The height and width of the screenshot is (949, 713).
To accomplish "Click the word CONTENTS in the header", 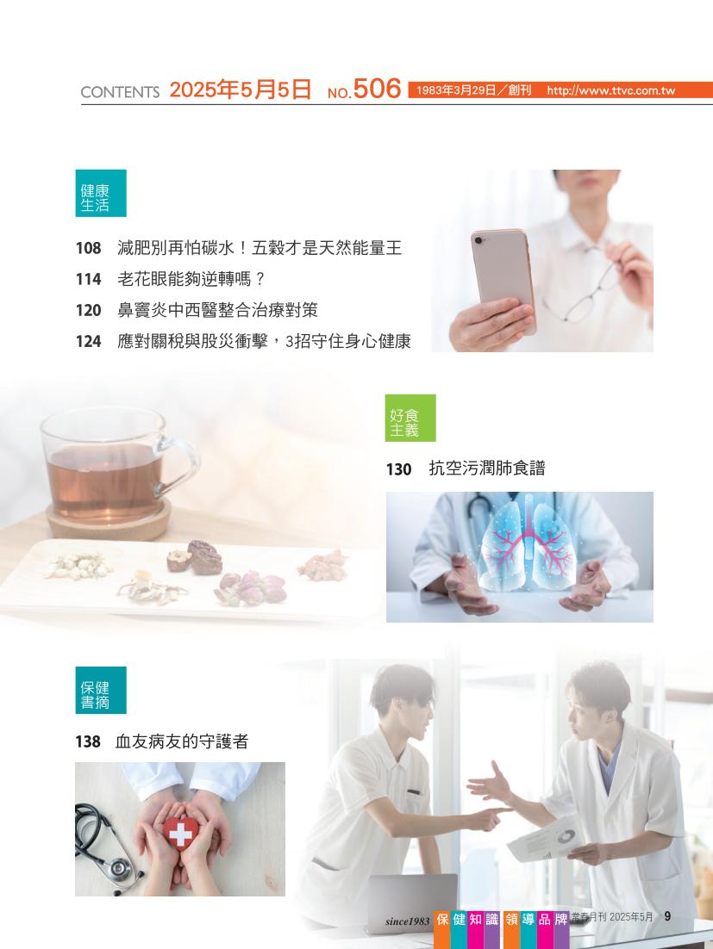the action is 120,92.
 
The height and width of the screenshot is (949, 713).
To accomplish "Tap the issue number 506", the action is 377,89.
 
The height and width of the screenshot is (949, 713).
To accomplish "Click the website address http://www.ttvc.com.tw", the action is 610,90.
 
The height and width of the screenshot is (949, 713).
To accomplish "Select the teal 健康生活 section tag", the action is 101,193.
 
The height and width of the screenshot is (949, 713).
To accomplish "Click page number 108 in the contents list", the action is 89,248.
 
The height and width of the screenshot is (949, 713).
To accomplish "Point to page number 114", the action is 89,279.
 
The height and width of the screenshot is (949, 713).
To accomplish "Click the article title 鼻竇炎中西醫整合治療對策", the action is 217,310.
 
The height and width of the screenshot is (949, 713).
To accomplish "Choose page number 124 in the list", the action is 89,341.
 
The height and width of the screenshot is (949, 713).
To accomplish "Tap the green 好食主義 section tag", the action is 410,418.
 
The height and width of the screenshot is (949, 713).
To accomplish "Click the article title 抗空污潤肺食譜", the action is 487,468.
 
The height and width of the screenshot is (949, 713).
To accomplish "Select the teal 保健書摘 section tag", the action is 101,690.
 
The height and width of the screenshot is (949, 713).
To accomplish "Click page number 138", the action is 88,741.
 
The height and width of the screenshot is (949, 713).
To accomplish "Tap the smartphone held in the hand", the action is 502,276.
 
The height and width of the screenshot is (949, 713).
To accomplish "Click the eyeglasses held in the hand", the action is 585,284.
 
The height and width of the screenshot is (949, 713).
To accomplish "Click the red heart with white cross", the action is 179,834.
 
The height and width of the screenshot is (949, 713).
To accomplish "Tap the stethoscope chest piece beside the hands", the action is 119,869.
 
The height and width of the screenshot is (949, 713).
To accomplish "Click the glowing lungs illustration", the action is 527,542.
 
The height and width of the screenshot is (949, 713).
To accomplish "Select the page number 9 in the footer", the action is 667,916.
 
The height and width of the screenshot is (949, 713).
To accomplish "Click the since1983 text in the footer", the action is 407,921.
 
